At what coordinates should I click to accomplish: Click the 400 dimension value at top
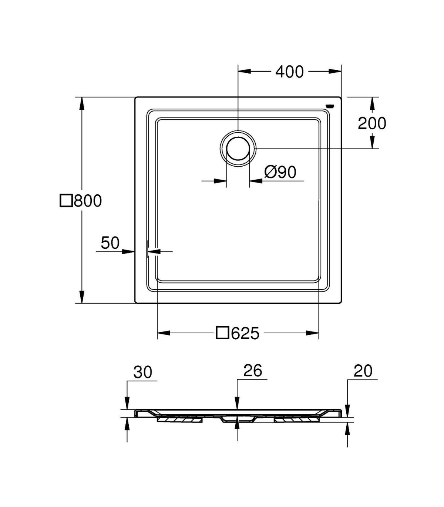[289, 72]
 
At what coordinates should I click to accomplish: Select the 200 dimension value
[372, 123]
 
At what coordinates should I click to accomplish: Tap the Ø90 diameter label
[280, 172]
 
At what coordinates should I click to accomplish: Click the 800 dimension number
[88, 201]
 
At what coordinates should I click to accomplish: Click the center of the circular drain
[238, 149]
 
